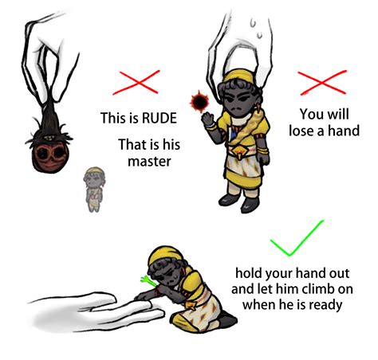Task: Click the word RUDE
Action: click(159, 118)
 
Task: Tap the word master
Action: click(149, 162)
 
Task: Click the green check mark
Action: click(297, 238)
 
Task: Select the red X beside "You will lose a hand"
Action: click(323, 83)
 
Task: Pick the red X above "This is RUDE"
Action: click(136, 82)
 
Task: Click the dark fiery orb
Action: click(199, 101)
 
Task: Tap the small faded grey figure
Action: click(94, 190)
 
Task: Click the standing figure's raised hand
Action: click(208, 119)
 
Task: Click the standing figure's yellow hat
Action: click(238, 76)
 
